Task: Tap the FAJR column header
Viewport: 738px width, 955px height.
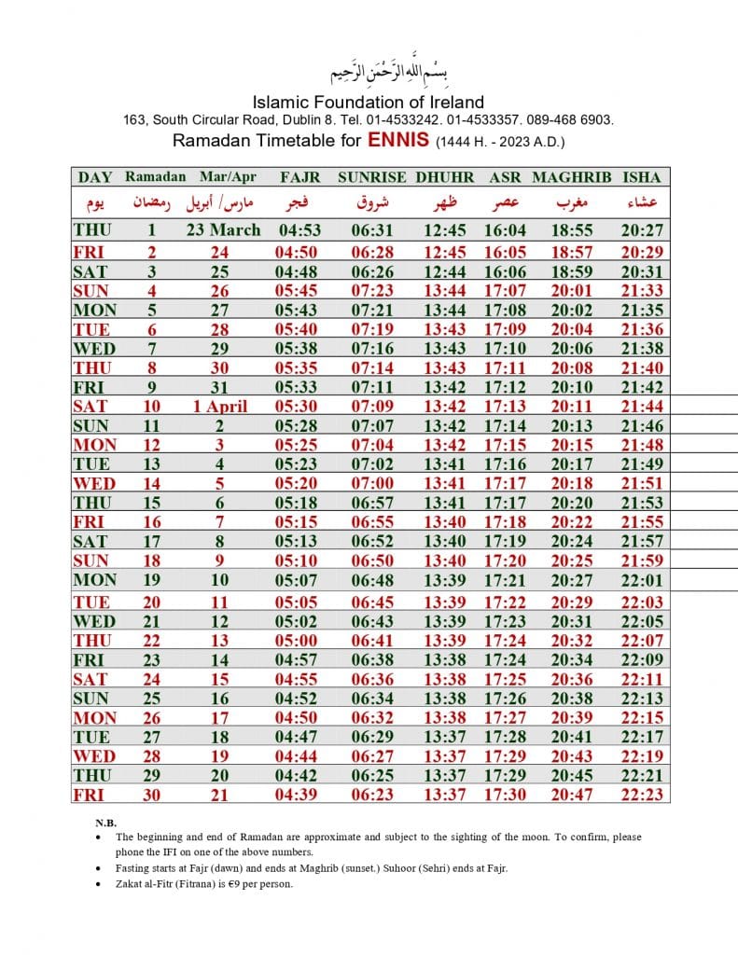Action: click(x=299, y=176)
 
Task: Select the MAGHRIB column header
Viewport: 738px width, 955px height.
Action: click(x=571, y=176)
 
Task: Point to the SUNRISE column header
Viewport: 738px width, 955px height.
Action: click(x=371, y=176)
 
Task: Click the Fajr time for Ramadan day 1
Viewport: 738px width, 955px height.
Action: click(x=299, y=230)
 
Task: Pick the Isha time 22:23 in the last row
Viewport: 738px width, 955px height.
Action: click(x=641, y=795)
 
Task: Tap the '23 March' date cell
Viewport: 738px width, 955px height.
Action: click(x=223, y=230)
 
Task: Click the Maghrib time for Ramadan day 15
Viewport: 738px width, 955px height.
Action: click(x=571, y=503)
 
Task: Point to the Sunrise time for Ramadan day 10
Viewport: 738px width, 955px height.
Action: click(x=371, y=406)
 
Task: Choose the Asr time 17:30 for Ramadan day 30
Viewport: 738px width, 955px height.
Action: click(x=505, y=795)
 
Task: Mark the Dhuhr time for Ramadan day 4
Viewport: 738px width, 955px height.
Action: click(x=444, y=291)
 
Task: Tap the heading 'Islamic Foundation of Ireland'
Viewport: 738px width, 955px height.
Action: click(x=369, y=102)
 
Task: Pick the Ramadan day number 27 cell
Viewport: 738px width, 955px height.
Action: click(x=150, y=737)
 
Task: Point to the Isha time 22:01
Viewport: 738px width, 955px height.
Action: click(x=641, y=580)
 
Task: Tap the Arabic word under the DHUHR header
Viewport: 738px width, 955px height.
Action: click(x=444, y=202)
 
